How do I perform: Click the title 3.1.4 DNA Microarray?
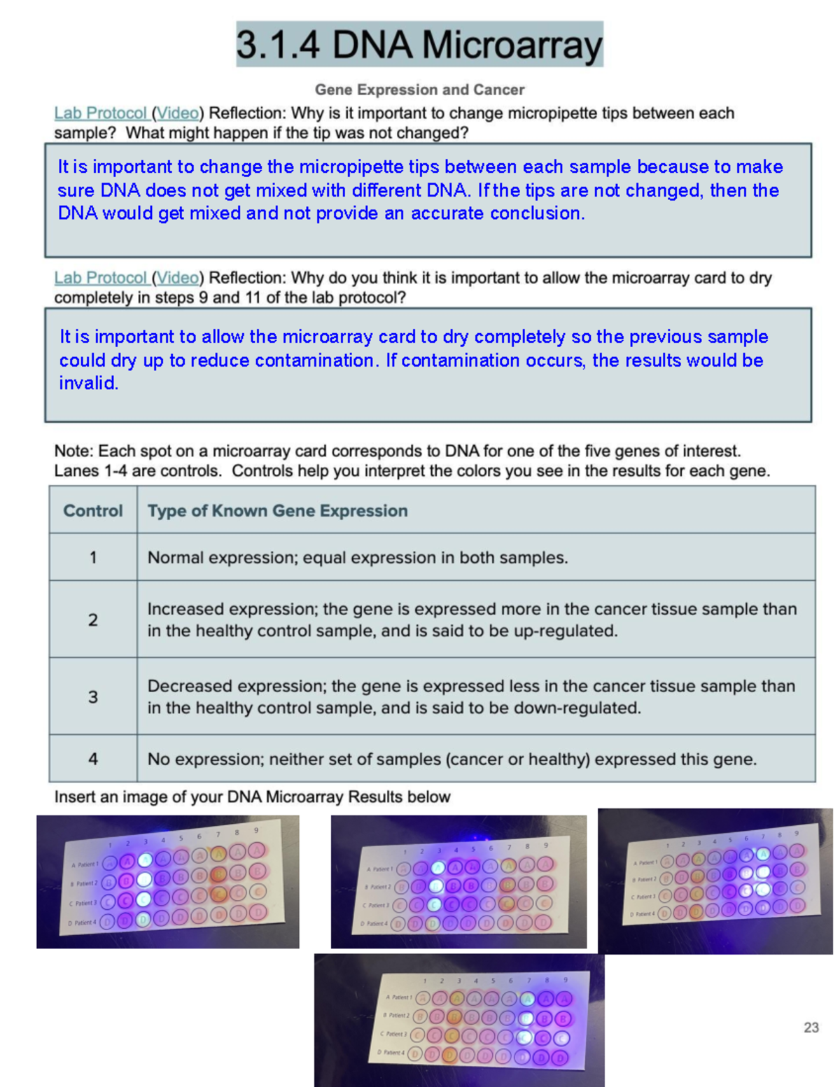(419, 45)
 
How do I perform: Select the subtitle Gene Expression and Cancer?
(419, 90)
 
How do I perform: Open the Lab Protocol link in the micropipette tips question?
(100, 113)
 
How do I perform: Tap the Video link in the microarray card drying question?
(178, 278)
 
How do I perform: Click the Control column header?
(93, 511)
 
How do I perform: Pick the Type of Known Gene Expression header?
(277, 511)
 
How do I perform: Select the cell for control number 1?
(93, 558)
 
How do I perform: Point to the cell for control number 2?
(93, 620)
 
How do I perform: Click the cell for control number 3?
(93, 697)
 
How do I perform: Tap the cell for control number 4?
(93, 759)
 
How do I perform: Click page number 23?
(811, 1028)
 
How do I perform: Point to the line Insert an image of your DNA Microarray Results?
(252, 797)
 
